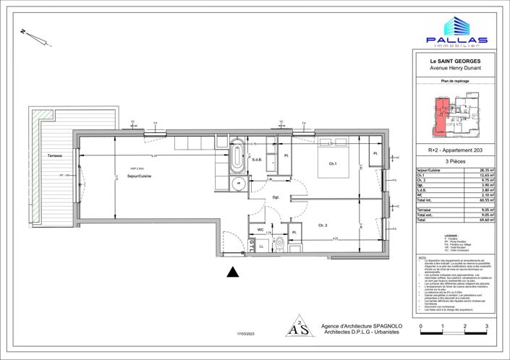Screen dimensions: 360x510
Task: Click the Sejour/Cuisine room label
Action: [x=138, y=176]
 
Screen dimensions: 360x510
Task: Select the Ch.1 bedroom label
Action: [x=333, y=164]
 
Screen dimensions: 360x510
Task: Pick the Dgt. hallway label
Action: [x=276, y=197]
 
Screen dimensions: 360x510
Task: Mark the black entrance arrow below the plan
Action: [x=232, y=272]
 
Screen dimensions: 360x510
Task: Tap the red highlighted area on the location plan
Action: [x=441, y=112]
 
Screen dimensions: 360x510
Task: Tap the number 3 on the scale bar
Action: [x=487, y=326]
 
